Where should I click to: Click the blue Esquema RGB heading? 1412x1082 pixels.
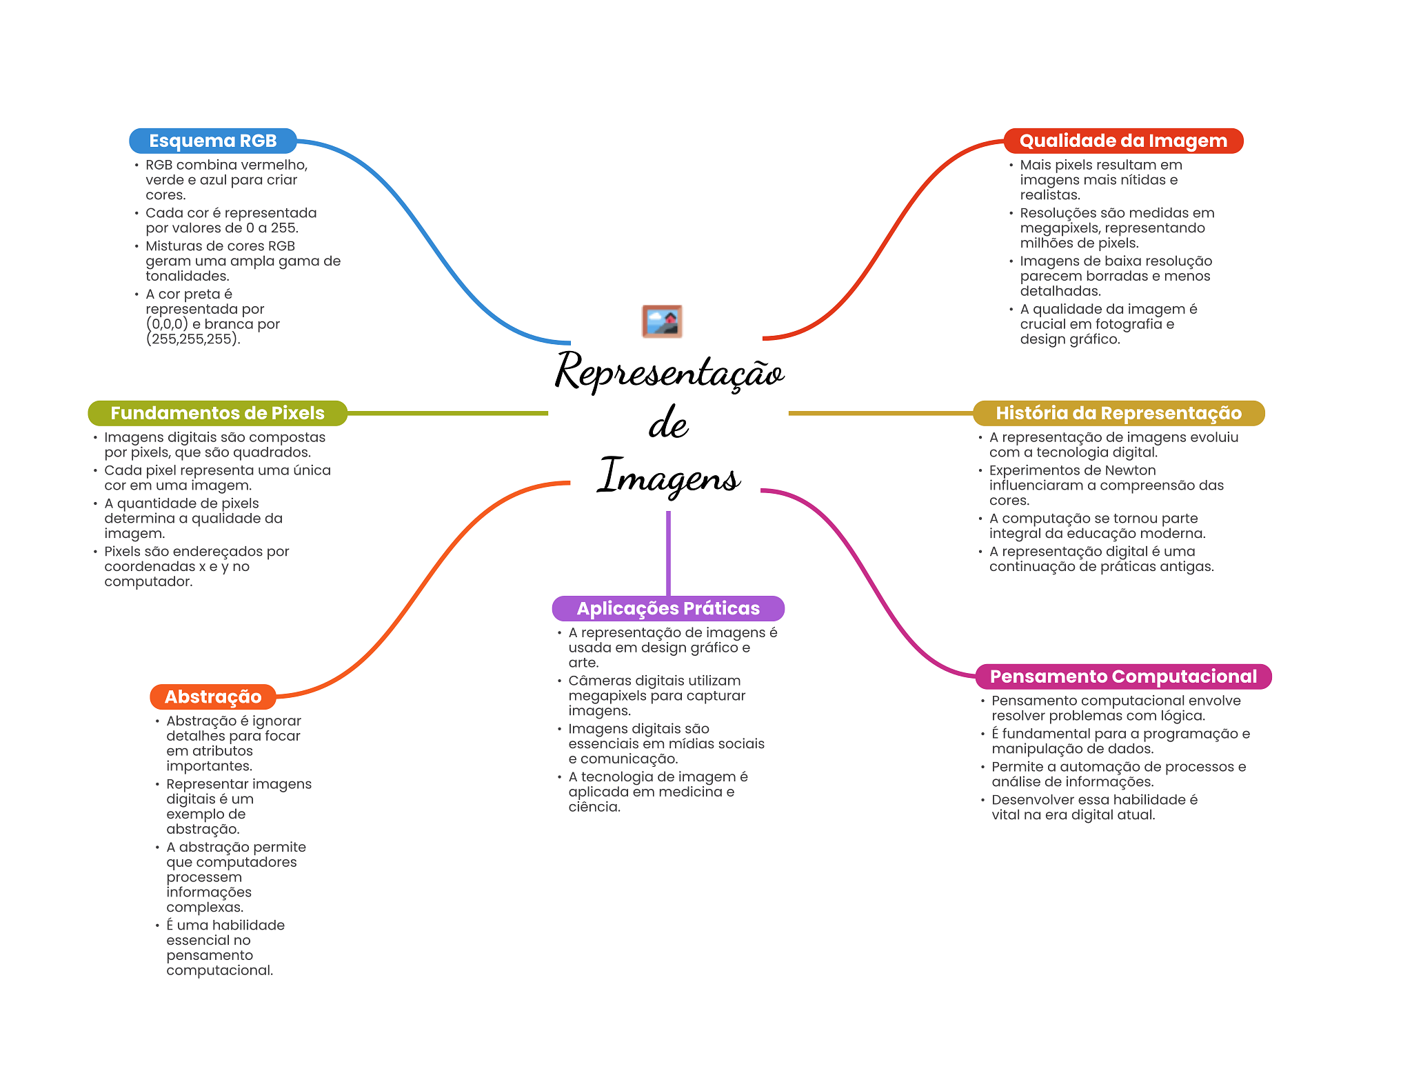[x=212, y=141]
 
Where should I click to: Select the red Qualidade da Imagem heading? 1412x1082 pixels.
[x=1122, y=141]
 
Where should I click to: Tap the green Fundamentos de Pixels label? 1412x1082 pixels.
[x=217, y=413]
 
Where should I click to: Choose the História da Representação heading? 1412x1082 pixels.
[x=1118, y=413]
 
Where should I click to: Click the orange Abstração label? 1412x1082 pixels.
[x=212, y=697]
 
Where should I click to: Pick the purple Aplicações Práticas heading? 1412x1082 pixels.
[x=667, y=608]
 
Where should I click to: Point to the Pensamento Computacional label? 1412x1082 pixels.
[x=1122, y=677]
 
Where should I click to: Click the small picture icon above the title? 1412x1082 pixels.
[x=662, y=321]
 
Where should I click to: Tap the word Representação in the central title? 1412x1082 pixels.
[x=669, y=372]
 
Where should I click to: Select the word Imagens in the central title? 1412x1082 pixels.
[x=669, y=477]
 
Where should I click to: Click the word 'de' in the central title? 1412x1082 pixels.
[x=668, y=423]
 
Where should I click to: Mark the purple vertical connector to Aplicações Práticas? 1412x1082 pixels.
[x=668, y=552]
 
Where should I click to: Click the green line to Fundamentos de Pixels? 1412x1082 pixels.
[x=448, y=413]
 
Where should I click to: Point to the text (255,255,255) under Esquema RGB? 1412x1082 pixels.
[x=192, y=339]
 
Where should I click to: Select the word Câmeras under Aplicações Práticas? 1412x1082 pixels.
[x=599, y=681]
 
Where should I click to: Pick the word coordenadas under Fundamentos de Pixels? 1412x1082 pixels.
[x=139, y=567]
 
